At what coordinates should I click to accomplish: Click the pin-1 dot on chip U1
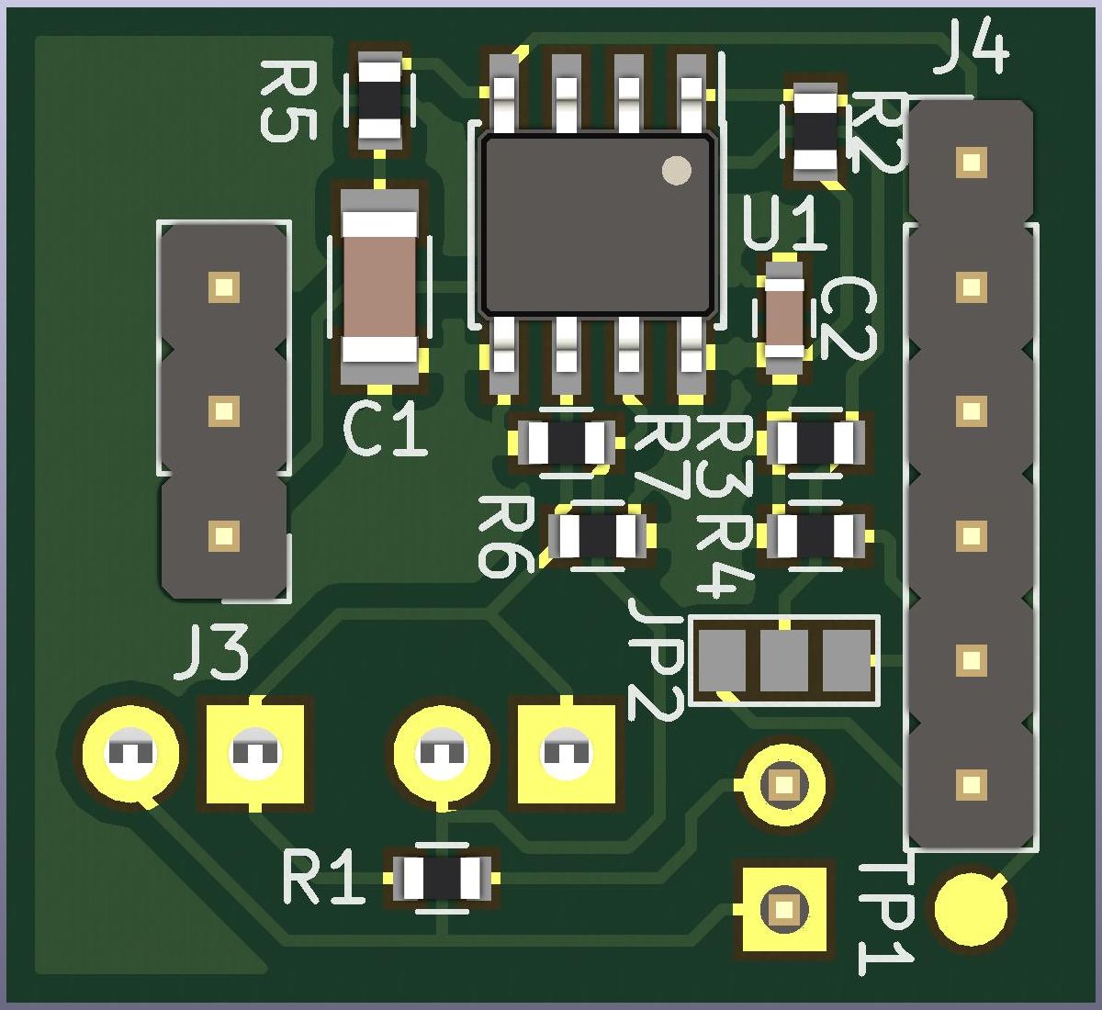676,170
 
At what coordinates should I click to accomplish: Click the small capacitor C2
784,319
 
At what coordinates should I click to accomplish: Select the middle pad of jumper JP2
784,660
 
